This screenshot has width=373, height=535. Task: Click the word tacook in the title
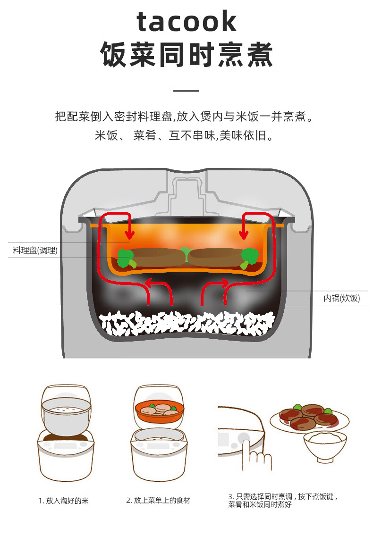click(x=186, y=21)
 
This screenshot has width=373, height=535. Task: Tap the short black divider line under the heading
click(x=186, y=91)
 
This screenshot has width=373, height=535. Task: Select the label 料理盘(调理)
click(x=35, y=251)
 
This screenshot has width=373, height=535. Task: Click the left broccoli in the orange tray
click(x=126, y=259)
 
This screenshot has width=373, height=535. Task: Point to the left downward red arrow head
click(x=130, y=234)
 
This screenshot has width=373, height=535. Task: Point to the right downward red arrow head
click(x=245, y=234)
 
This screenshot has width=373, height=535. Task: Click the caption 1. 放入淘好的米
click(x=64, y=501)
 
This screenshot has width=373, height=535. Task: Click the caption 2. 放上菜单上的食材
click(x=158, y=501)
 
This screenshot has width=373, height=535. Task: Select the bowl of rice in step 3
click(x=325, y=446)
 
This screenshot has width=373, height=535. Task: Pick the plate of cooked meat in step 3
click(x=309, y=416)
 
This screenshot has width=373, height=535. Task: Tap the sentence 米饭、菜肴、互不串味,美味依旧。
click(x=186, y=136)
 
